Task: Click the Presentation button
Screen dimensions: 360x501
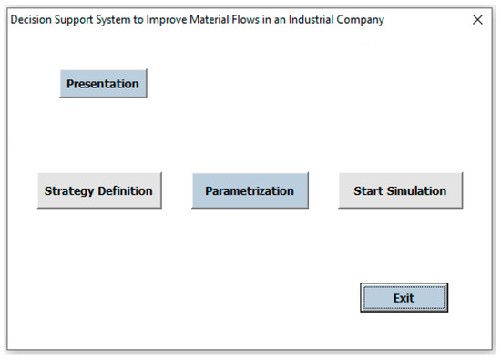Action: point(103,84)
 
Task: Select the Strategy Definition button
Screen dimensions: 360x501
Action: point(98,191)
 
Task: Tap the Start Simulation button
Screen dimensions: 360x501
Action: point(400,191)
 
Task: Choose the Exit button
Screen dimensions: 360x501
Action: point(404,298)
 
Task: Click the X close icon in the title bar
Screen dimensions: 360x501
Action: point(477,20)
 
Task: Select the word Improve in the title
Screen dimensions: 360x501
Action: point(178,20)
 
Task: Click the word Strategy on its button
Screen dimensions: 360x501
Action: point(69,191)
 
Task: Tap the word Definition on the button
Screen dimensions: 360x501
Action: point(124,191)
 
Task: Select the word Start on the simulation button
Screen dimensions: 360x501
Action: point(368,191)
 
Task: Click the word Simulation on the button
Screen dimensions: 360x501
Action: point(415,191)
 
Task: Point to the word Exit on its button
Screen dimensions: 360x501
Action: point(404,298)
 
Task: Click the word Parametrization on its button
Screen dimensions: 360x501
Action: point(250,191)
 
